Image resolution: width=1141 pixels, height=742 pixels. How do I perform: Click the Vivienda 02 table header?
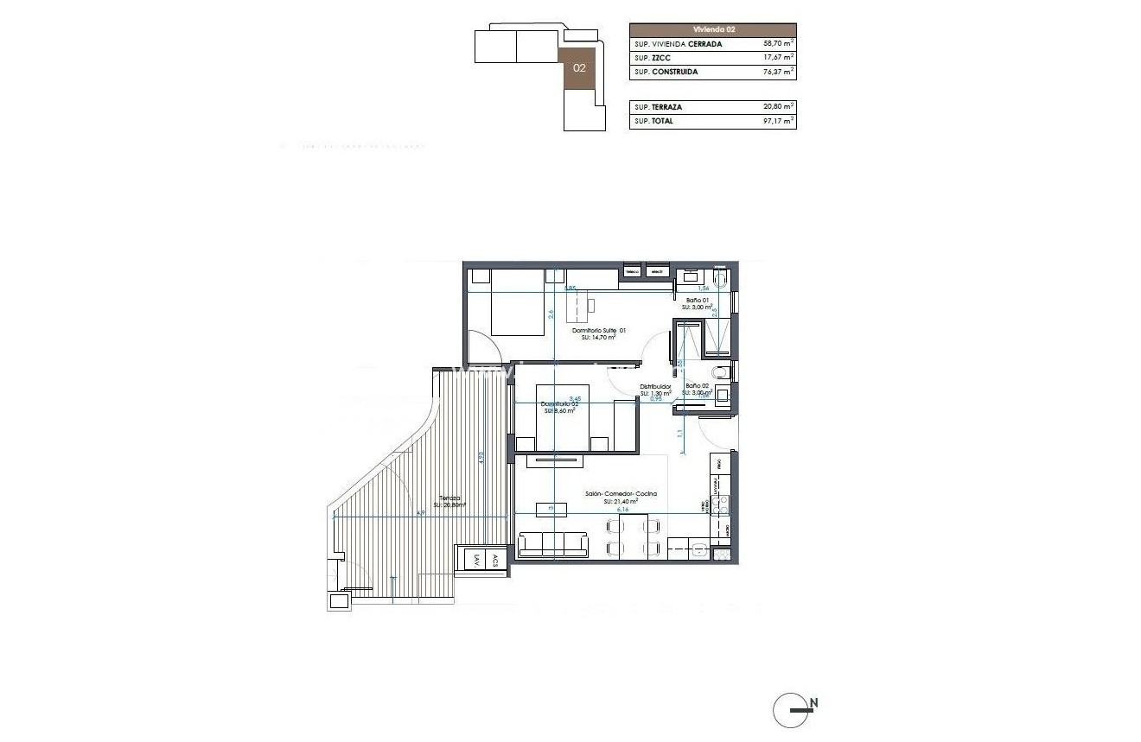(x=713, y=29)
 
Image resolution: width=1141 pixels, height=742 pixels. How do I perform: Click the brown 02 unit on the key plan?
(x=579, y=67)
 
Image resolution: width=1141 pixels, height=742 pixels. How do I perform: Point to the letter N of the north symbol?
(x=813, y=703)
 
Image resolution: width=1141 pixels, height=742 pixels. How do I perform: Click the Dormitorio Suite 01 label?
(x=599, y=330)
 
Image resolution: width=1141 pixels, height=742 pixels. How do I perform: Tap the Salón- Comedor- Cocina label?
(x=621, y=494)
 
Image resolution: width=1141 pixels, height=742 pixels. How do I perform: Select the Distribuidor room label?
(x=654, y=386)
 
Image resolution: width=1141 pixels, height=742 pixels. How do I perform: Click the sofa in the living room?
(x=553, y=544)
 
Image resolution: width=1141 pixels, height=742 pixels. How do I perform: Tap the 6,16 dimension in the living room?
(x=621, y=511)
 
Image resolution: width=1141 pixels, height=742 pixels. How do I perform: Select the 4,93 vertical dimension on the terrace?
(x=481, y=458)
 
